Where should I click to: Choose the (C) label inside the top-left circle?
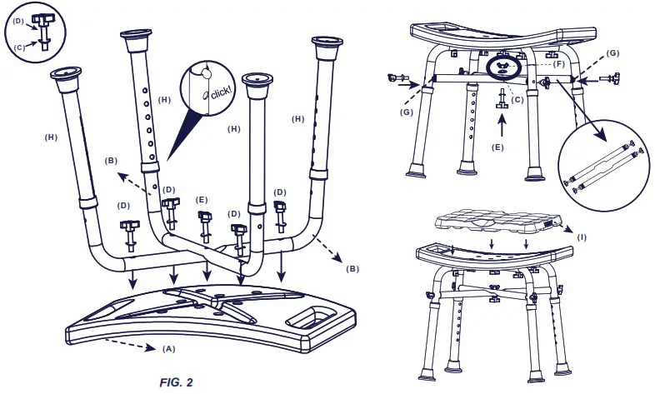[x=18, y=47]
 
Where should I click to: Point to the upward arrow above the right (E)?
[x=501, y=125]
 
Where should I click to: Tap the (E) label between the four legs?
[x=201, y=201]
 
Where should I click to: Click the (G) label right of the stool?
[x=613, y=53]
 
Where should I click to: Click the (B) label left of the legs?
[x=110, y=159]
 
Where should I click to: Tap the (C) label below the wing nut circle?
[x=517, y=100]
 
